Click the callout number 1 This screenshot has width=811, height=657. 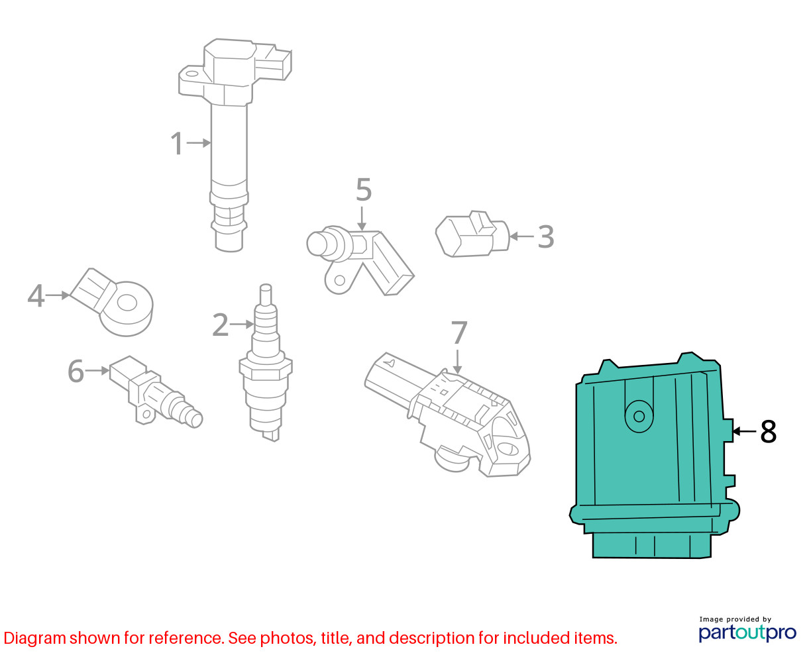click(x=177, y=143)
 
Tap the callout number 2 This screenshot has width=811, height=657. click(x=220, y=325)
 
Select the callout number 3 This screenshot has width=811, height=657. click(x=545, y=236)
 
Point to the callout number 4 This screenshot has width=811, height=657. click(x=36, y=295)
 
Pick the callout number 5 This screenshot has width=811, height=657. click(x=364, y=189)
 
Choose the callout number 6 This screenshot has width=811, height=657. click(x=76, y=371)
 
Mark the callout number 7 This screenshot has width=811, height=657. click(x=459, y=332)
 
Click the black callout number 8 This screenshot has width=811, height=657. click(x=769, y=431)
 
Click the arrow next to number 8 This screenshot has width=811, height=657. click(x=744, y=431)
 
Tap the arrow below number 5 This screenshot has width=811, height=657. click(x=362, y=219)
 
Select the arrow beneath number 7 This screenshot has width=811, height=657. click(x=457, y=362)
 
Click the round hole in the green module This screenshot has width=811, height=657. click(x=639, y=417)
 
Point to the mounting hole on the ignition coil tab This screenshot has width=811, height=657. click(x=191, y=74)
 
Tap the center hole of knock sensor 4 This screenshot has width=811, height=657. click(x=127, y=303)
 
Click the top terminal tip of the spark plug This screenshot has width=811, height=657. click(x=266, y=286)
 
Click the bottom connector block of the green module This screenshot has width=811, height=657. click(x=652, y=546)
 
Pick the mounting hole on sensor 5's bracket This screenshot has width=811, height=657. click(x=340, y=281)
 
